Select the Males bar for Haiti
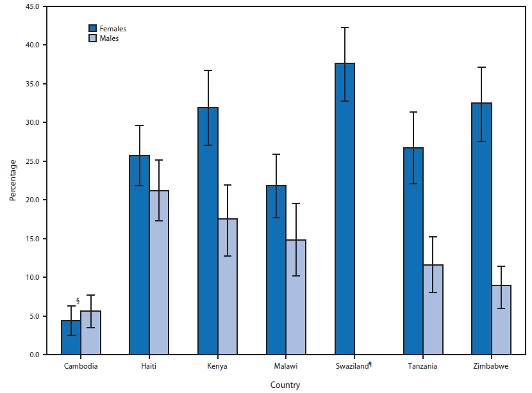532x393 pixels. (159, 272)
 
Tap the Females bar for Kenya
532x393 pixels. (208, 230)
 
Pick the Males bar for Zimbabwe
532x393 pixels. (501, 319)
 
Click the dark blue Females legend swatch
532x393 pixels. (92, 28)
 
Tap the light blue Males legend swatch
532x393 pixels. (92, 38)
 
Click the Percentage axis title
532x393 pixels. (12, 180)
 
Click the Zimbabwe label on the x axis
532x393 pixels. (491, 366)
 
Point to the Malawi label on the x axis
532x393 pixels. (285, 366)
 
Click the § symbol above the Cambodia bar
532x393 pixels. (78, 301)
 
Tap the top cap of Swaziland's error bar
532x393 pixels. (344, 28)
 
